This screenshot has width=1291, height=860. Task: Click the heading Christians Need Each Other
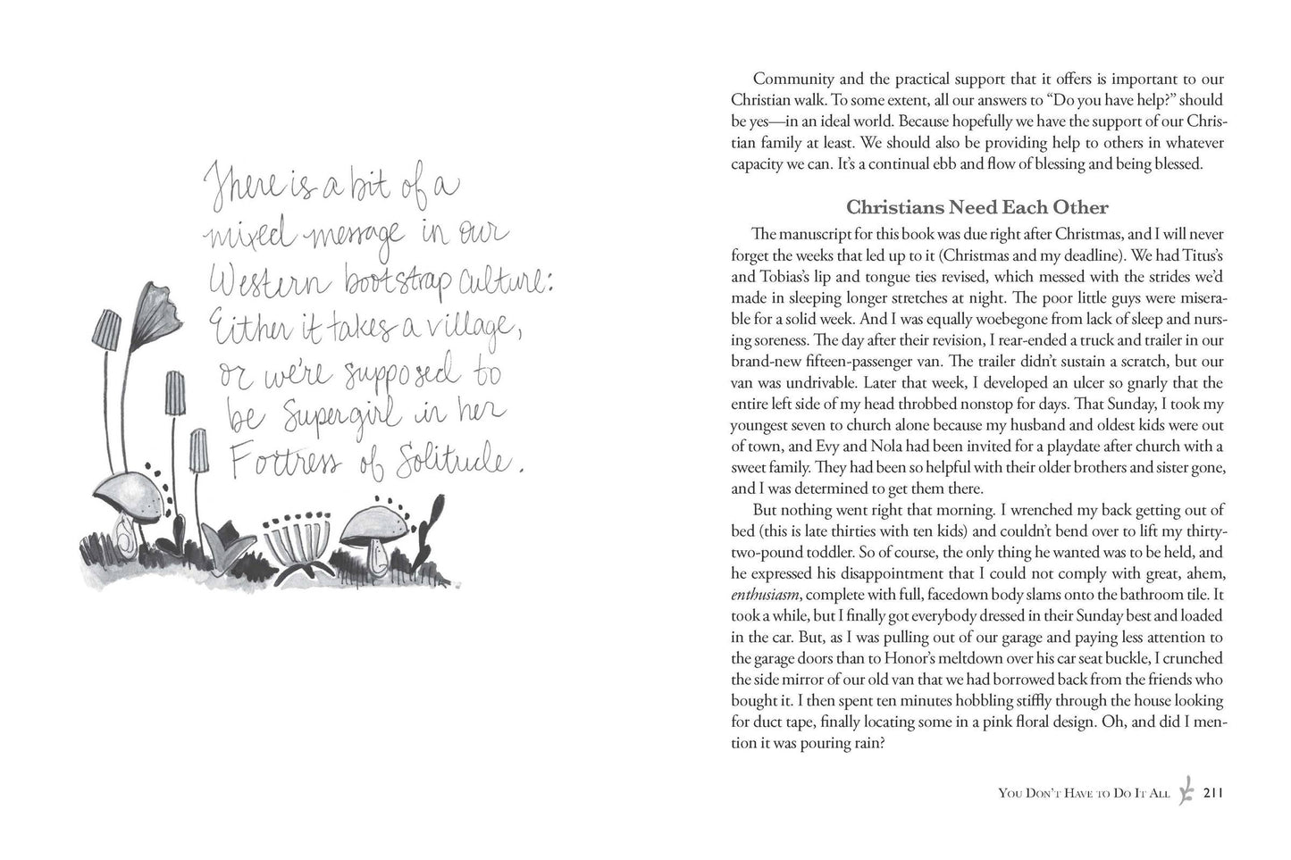(x=977, y=208)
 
